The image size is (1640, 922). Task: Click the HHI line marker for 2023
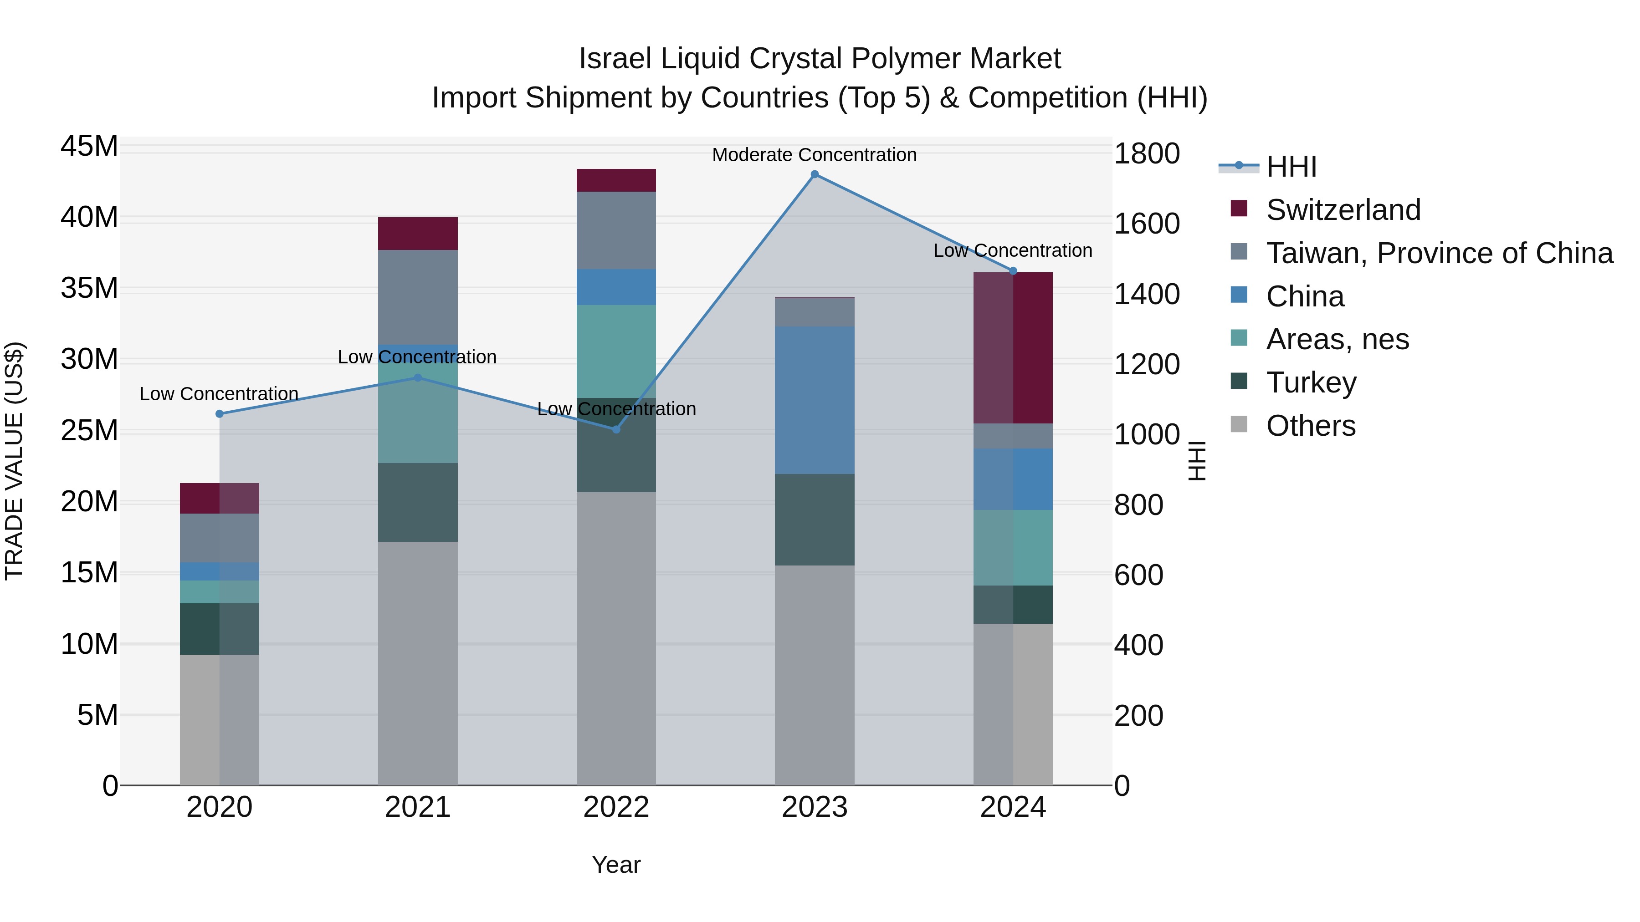[814, 174]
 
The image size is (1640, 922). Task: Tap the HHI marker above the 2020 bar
[220, 413]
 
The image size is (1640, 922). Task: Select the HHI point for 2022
[615, 429]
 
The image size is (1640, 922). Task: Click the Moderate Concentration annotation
[814, 155]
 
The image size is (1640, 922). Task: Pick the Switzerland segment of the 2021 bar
[418, 234]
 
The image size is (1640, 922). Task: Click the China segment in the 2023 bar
[814, 400]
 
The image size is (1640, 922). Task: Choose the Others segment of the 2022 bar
[615, 638]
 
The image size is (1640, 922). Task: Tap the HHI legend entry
[1291, 167]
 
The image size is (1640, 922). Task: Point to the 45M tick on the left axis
[89, 146]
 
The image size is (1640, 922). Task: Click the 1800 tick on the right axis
[1147, 153]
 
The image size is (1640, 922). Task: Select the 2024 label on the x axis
[1012, 807]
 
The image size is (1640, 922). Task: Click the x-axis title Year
[615, 865]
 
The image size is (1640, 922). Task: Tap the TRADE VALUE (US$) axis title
[14, 461]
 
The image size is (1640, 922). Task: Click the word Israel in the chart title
[615, 59]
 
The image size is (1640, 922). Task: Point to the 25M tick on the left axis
[89, 431]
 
